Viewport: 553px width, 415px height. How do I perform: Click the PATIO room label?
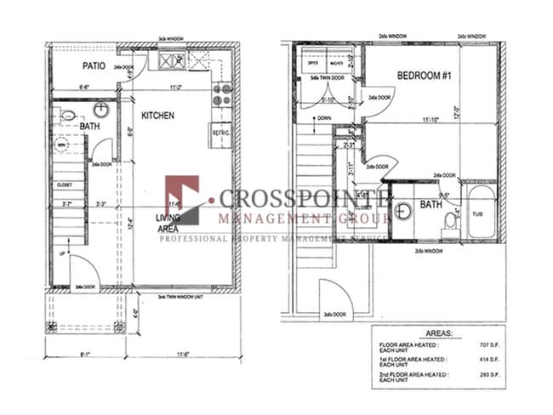[x=94, y=65]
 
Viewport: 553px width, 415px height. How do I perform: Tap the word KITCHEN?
[x=157, y=115]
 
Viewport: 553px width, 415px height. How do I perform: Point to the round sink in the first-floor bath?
[x=100, y=110]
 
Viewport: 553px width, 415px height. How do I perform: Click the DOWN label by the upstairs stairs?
[x=323, y=118]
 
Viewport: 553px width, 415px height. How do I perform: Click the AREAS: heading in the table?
[x=437, y=334]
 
